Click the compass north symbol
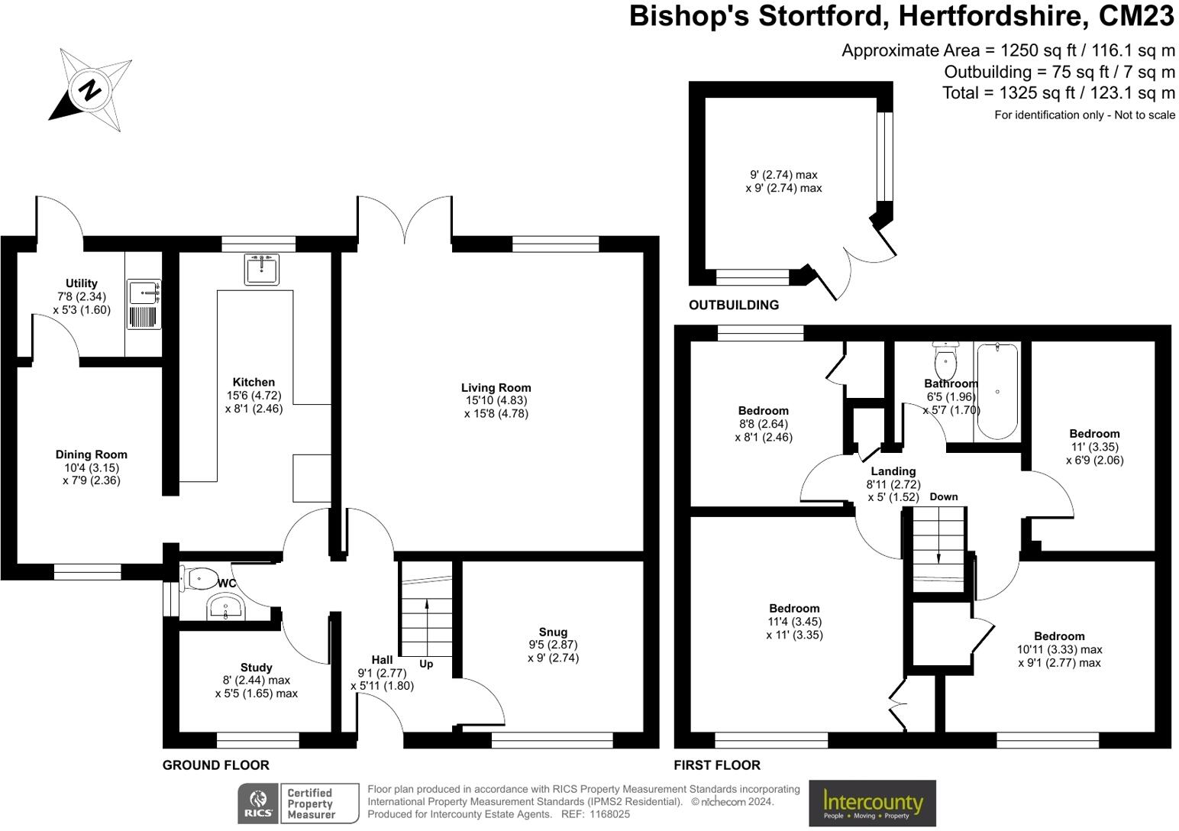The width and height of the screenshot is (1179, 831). [x=90, y=89]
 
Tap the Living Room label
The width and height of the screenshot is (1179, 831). [x=496, y=387]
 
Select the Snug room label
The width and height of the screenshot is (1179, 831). [x=553, y=632]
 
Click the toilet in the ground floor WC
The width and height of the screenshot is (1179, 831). [x=199, y=578]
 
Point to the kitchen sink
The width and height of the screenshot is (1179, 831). [x=262, y=269]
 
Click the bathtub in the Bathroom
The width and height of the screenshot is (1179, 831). [x=997, y=391]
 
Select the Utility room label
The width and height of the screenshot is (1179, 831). [x=82, y=283]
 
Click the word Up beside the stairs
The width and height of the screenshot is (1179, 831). [x=426, y=664]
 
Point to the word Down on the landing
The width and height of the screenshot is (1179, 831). [x=944, y=496]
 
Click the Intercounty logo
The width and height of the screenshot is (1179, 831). [x=872, y=804]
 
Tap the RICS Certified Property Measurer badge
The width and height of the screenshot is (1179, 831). [x=299, y=804]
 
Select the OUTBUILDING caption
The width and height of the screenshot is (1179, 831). [x=734, y=305]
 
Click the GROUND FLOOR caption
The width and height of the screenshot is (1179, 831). [x=216, y=765]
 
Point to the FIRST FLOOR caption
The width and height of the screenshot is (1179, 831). [x=717, y=765]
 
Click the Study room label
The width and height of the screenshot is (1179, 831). [x=256, y=668]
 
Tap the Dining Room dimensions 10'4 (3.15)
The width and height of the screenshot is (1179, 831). [x=91, y=467]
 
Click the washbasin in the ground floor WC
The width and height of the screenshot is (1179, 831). [x=225, y=609]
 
